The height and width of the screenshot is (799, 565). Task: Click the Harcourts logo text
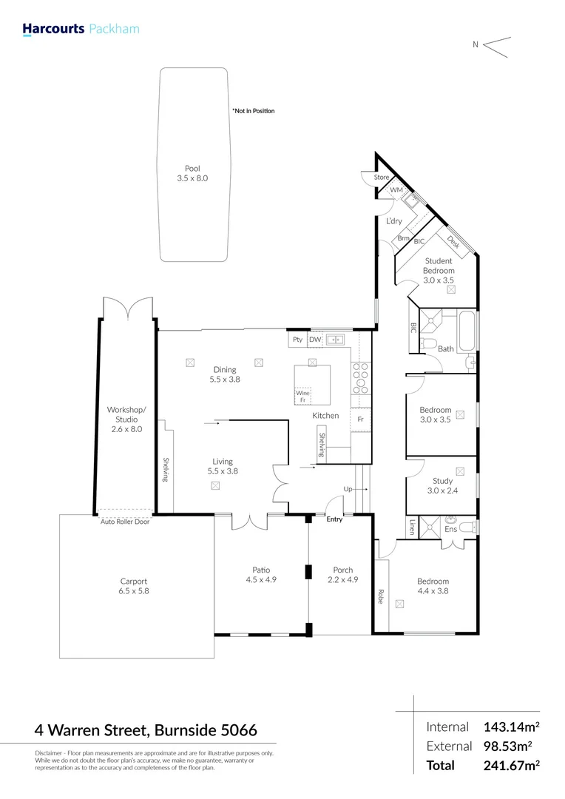pos(53,30)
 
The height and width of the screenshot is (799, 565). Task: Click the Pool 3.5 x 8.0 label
pos(192,174)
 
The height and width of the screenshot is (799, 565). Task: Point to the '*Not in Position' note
pos(253,111)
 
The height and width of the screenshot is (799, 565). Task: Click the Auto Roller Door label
pos(126,522)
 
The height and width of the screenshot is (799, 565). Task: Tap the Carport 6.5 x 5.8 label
pos(134,586)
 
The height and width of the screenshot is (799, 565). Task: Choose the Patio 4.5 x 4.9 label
pos(261,575)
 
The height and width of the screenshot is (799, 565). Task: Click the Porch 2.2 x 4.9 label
pos(342,575)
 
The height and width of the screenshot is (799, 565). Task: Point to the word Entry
pos(335,520)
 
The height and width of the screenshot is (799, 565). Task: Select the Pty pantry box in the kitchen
pos(297,340)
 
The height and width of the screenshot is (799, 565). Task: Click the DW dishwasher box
pos(315,340)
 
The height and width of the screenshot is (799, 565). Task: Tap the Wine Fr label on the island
pos(302,397)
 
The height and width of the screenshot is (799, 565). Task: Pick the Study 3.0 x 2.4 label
pos(442,486)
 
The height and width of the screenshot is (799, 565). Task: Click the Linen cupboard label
pos(413,527)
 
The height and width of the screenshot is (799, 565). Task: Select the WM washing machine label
pos(396,190)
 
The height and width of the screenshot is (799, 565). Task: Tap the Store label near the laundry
pos(381,178)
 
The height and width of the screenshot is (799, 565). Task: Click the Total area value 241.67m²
pos(512,766)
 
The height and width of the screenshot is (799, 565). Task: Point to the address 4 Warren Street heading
pos(146,730)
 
